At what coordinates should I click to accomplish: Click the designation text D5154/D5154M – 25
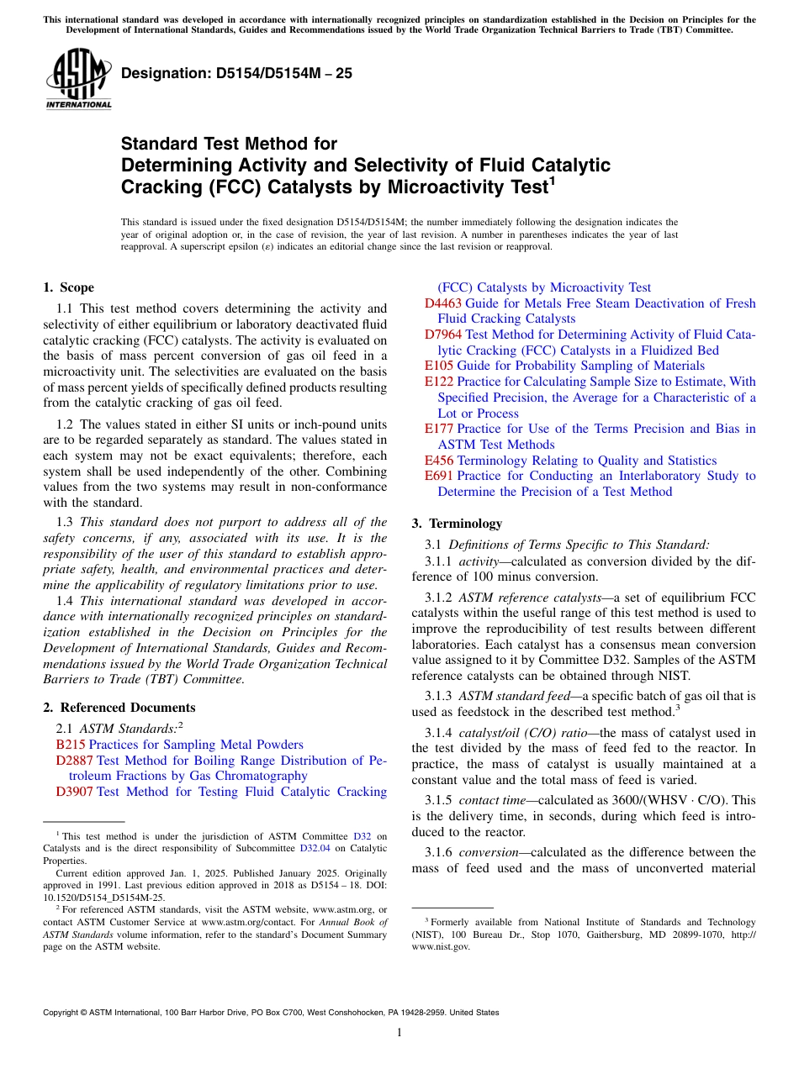pyautogui.click(x=236, y=74)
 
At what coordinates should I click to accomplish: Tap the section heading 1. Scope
pyautogui.click(x=68, y=287)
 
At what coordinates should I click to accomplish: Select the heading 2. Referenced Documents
pyautogui.click(x=119, y=708)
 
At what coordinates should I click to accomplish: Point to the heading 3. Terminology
pyautogui.click(x=457, y=523)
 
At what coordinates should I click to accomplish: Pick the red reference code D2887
pyautogui.click(x=75, y=761)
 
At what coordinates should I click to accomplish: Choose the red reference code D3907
pyautogui.click(x=75, y=792)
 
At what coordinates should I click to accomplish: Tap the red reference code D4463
pyautogui.click(x=443, y=303)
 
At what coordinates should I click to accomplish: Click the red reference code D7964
pyautogui.click(x=443, y=334)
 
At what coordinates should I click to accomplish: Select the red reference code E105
pyautogui.click(x=439, y=366)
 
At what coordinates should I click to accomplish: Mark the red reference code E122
pyautogui.click(x=439, y=382)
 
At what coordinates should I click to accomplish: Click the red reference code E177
pyautogui.click(x=439, y=429)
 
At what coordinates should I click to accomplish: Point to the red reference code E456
pyautogui.click(x=439, y=461)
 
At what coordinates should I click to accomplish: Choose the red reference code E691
pyautogui.click(x=439, y=476)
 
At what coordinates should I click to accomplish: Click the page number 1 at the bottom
pyautogui.click(x=399, y=1033)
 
